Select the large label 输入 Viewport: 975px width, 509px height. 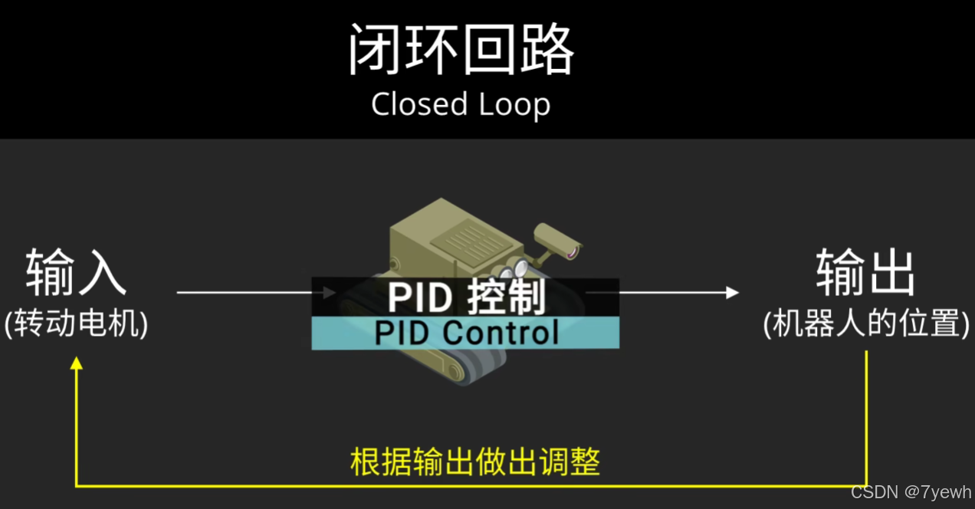click(76, 272)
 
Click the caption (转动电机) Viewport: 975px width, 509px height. click(76, 324)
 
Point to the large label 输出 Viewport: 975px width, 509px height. click(865, 272)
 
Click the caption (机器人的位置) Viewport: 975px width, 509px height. click(866, 324)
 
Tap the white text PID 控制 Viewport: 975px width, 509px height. click(466, 297)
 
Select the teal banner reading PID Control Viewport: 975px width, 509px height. click(465, 333)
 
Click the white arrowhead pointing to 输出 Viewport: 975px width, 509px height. click(732, 292)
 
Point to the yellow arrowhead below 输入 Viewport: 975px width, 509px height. click(76, 364)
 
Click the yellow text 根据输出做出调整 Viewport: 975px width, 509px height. click(475, 461)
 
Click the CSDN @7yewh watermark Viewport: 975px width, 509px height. click(911, 491)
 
